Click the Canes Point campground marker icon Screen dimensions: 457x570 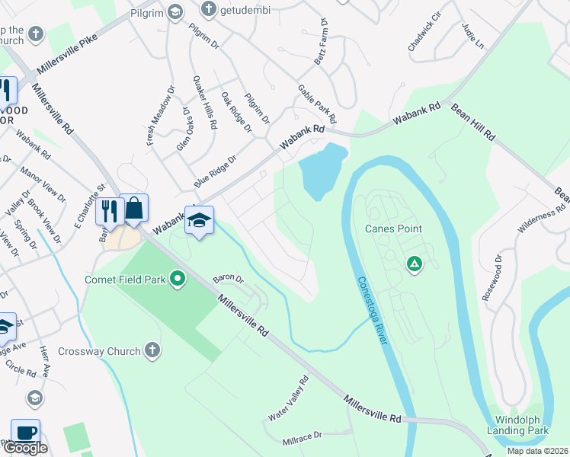pyautogui.click(x=414, y=264)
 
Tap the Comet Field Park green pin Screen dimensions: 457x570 pyautogui.click(x=178, y=280)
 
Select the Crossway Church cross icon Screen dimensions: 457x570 pyautogui.click(x=152, y=351)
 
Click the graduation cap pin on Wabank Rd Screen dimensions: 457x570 pyautogui.click(x=199, y=220)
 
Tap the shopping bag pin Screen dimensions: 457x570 pyautogui.click(x=134, y=207)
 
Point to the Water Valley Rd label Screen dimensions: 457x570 pyautogui.click(x=288, y=398)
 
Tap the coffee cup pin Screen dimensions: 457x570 pyautogui.click(x=25, y=432)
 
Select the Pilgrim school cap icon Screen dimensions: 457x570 pyautogui.click(x=176, y=11)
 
